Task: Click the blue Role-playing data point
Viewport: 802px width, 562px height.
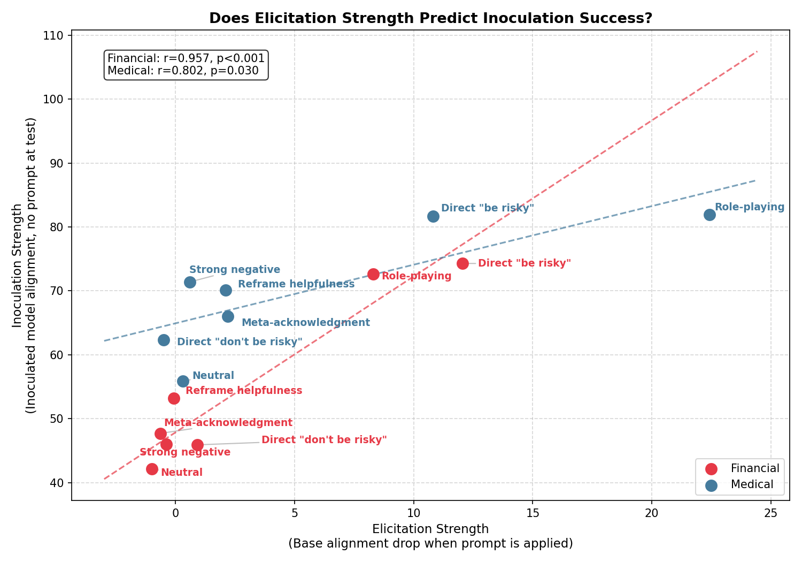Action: click(710, 215)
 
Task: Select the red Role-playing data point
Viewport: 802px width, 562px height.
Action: click(373, 274)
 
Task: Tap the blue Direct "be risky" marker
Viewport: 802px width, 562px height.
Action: click(433, 216)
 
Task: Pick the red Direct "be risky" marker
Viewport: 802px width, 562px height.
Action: click(462, 263)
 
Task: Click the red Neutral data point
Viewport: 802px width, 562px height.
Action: click(152, 469)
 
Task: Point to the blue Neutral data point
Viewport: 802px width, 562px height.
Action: click(183, 381)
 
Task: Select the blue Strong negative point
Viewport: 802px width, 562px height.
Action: click(190, 282)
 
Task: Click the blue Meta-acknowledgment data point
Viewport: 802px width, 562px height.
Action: click(228, 316)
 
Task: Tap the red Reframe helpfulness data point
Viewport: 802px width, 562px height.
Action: click(174, 398)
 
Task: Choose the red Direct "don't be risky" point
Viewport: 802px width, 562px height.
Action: click(197, 445)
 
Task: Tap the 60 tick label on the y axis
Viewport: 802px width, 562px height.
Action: click(56, 355)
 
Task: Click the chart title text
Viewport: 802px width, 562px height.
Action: click(430, 18)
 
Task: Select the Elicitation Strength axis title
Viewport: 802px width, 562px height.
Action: click(430, 529)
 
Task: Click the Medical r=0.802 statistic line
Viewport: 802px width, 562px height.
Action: click(183, 71)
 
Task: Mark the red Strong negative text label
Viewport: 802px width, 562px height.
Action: click(185, 452)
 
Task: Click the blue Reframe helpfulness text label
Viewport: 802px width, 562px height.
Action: click(296, 284)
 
